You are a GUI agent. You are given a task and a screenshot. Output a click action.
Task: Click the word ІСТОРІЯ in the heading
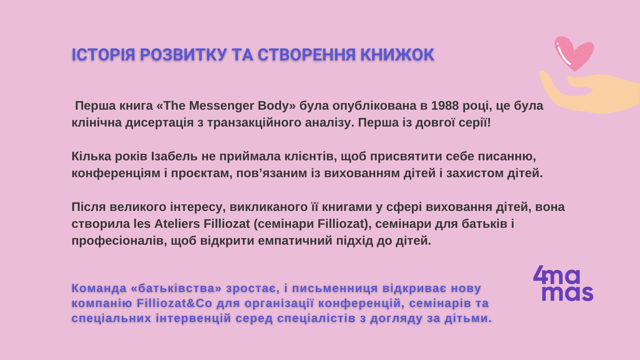[x=103, y=55]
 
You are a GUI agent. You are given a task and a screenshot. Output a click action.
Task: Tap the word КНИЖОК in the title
[x=397, y=55]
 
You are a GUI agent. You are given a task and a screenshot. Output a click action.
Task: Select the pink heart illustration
[x=574, y=53]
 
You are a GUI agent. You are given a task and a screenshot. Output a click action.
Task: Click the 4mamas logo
[x=563, y=284]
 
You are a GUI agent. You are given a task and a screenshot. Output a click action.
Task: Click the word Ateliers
[x=177, y=224]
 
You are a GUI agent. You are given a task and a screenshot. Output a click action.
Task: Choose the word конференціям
[x=116, y=173]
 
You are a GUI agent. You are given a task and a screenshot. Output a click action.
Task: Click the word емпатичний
[x=295, y=241]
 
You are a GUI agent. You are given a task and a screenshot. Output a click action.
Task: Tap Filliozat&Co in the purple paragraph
[x=174, y=303]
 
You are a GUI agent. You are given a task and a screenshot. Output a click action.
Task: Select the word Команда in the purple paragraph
[x=99, y=288]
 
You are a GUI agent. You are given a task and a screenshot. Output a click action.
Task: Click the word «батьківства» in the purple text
[x=176, y=288]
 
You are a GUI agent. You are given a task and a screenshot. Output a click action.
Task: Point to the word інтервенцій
[x=193, y=318]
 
